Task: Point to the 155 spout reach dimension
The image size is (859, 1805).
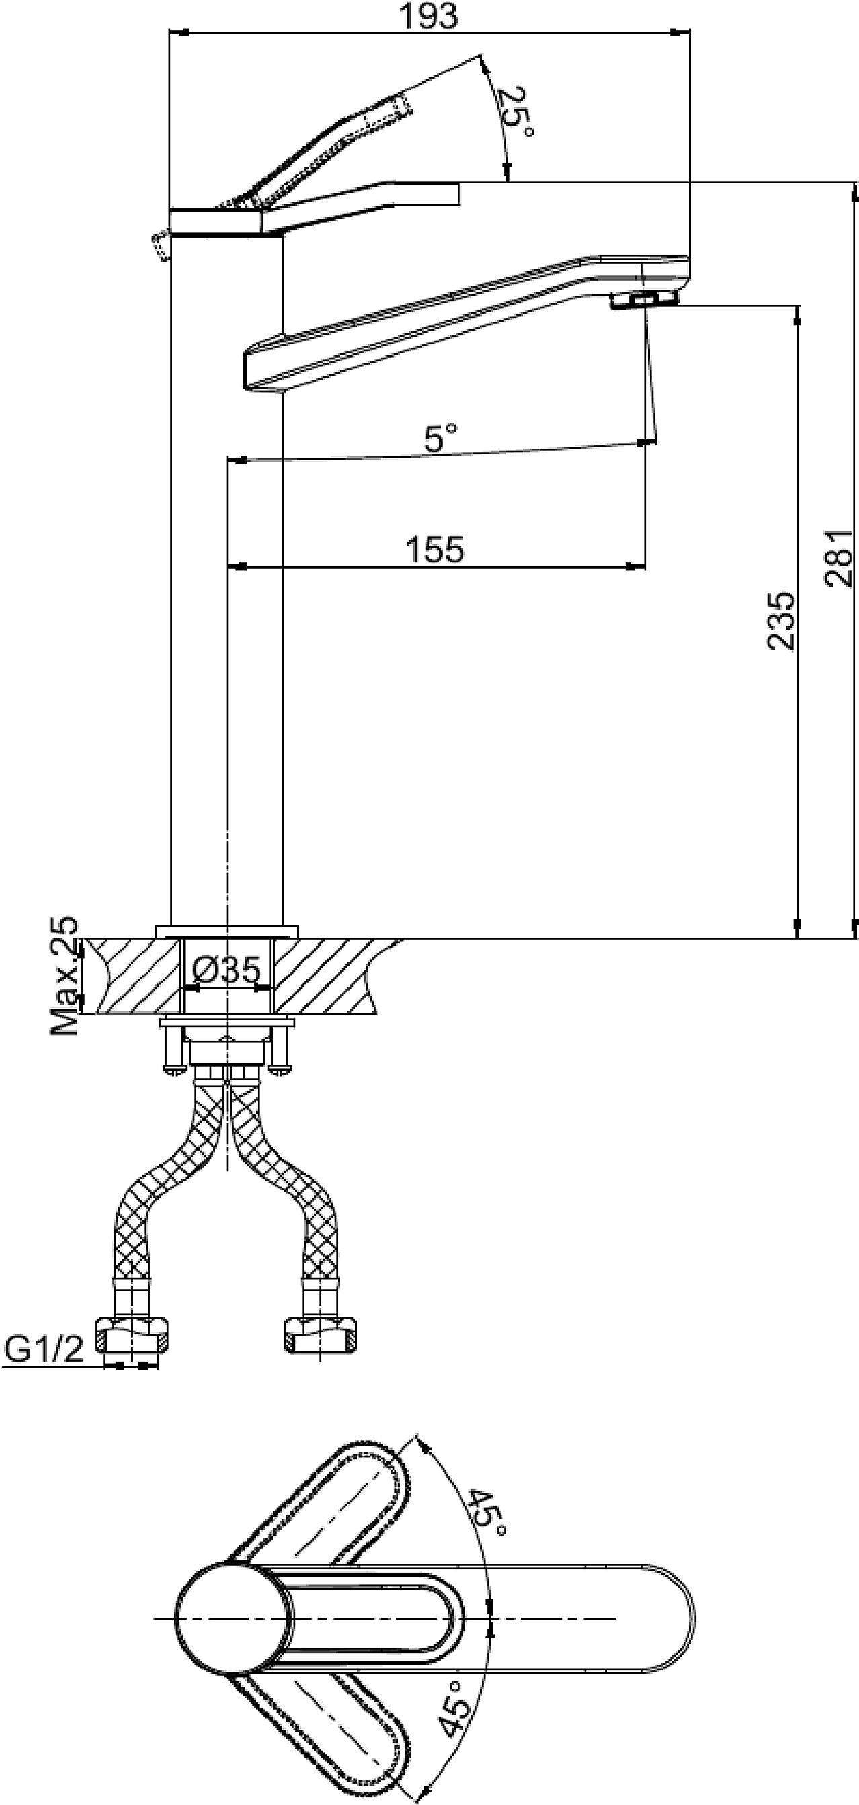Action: click(x=435, y=550)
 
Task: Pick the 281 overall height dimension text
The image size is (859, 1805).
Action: click(x=839, y=558)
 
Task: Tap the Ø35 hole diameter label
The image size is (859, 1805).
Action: click(x=226, y=970)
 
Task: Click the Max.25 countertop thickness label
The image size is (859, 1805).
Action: click(x=65, y=975)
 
